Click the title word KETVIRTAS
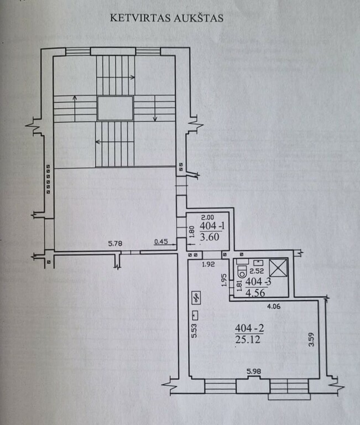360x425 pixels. [140, 18]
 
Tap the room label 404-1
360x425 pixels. [212, 226]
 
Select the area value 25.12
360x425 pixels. [248, 339]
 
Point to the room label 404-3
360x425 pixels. [258, 282]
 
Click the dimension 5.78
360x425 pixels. [115, 243]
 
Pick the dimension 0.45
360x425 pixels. [161, 241]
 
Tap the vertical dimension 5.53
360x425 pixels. [194, 331]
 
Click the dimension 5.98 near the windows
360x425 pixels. [254, 371]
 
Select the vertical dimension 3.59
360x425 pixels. [311, 339]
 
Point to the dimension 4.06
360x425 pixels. [274, 306]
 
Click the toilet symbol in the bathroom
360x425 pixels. [242, 272]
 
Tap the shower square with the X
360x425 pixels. [278, 268]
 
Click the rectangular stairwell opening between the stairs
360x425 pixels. [115, 108]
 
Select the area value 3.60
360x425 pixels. [210, 237]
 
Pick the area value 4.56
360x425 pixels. [255, 293]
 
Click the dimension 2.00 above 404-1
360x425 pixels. [207, 217]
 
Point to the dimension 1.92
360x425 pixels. [208, 264]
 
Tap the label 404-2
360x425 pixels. [249, 328]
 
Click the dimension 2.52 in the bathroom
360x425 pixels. [257, 271]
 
